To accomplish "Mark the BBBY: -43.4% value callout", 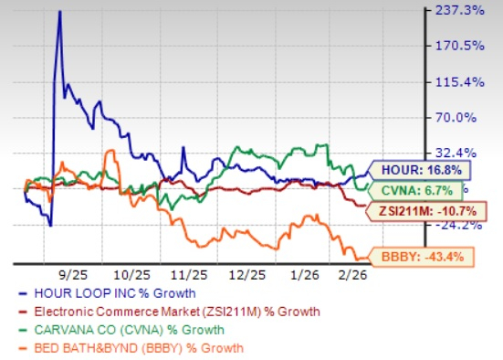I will [x=421, y=257].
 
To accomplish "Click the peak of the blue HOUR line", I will [x=59, y=12].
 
